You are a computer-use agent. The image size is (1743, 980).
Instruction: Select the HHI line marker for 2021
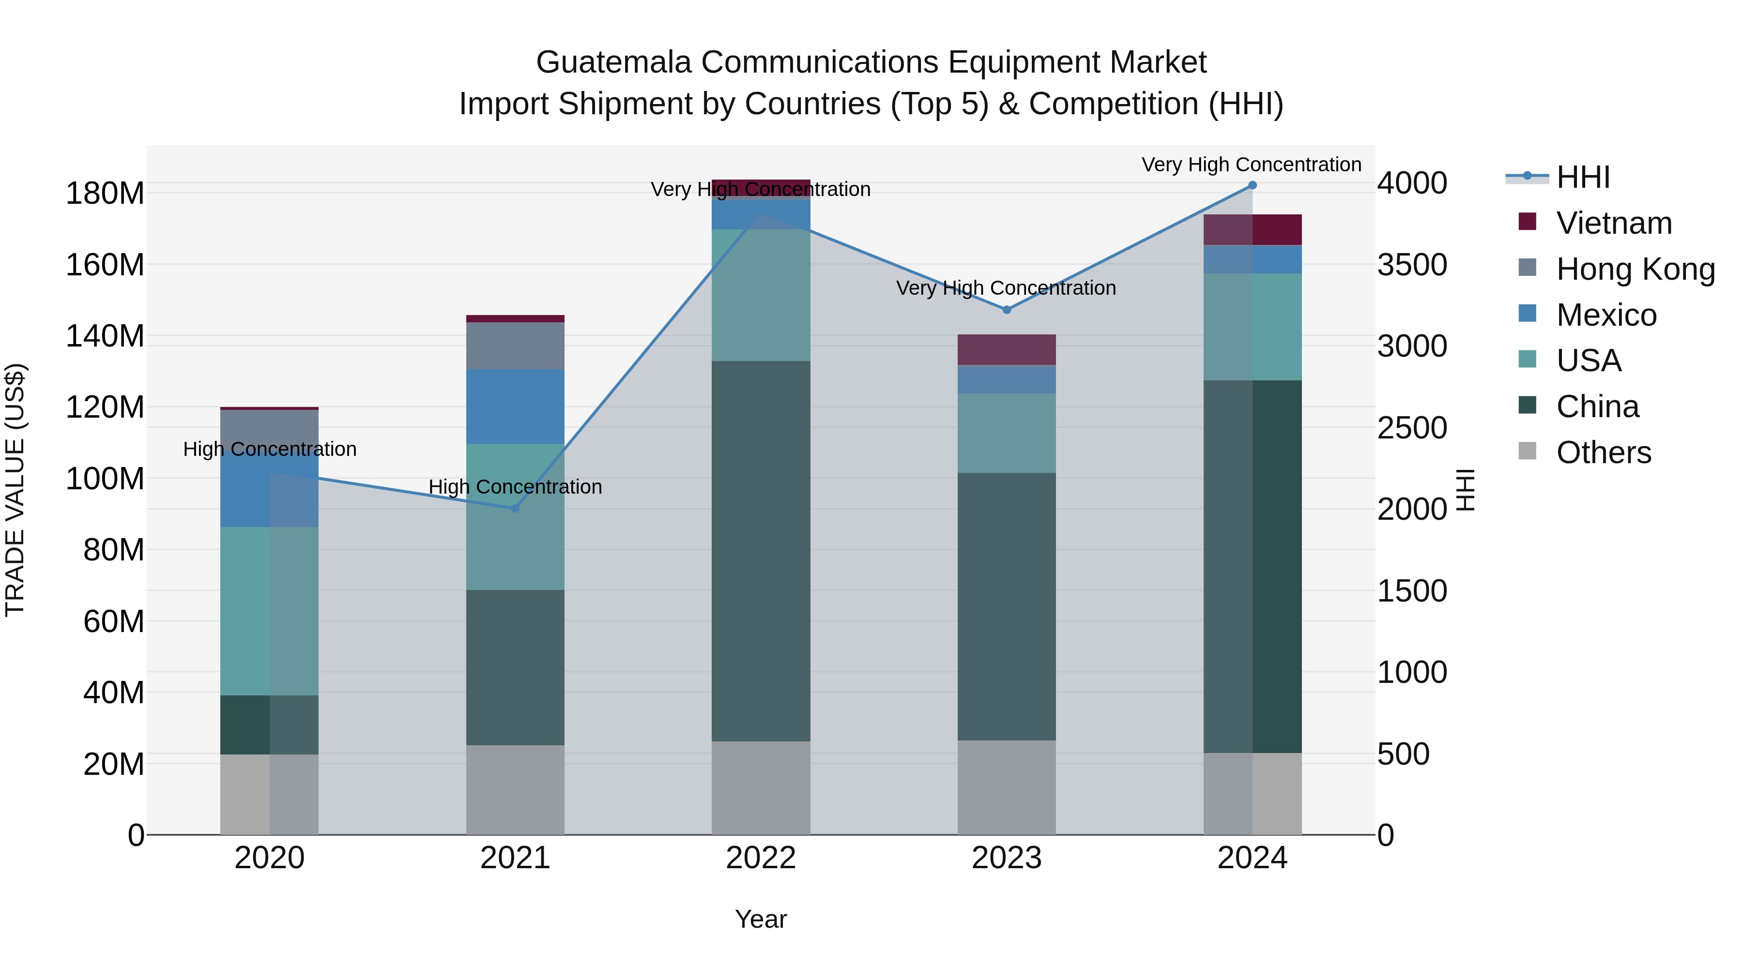click(x=515, y=508)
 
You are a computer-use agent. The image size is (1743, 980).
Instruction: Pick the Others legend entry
click(x=1603, y=452)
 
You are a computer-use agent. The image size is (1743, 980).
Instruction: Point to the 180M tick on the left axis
click(x=105, y=194)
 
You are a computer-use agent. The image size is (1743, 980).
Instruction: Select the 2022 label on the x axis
click(x=761, y=858)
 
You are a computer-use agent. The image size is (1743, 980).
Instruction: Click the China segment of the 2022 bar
click(x=761, y=551)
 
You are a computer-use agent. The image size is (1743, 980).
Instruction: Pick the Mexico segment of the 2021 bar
click(x=515, y=407)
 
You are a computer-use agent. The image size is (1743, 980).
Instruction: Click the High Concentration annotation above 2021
click(x=515, y=487)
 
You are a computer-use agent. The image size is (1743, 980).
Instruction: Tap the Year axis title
click(x=761, y=919)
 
